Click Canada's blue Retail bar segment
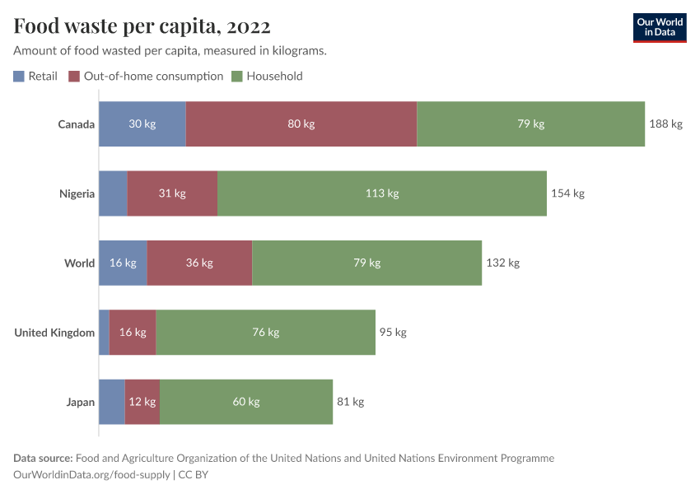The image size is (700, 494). point(142,124)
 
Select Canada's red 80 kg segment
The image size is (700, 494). point(301,124)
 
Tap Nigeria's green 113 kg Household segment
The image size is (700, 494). point(382,193)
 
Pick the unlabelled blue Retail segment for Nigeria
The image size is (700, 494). point(113,193)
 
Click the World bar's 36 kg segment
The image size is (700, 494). point(199,263)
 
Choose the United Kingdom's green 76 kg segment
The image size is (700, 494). point(265,333)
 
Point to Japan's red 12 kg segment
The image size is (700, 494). point(142,402)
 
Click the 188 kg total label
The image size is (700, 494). point(666,124)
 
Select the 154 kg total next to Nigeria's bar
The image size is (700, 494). point(567,193)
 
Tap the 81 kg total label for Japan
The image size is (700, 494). point(350,402)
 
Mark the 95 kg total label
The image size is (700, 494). point(393,333)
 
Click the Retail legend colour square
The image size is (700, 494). point(19,77)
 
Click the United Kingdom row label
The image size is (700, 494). point(54,333)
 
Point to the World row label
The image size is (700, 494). point(80,263)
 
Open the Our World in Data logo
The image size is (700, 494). point(659,27)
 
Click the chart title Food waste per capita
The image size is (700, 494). point(142,26)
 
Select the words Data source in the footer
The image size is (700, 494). point(43,458)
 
